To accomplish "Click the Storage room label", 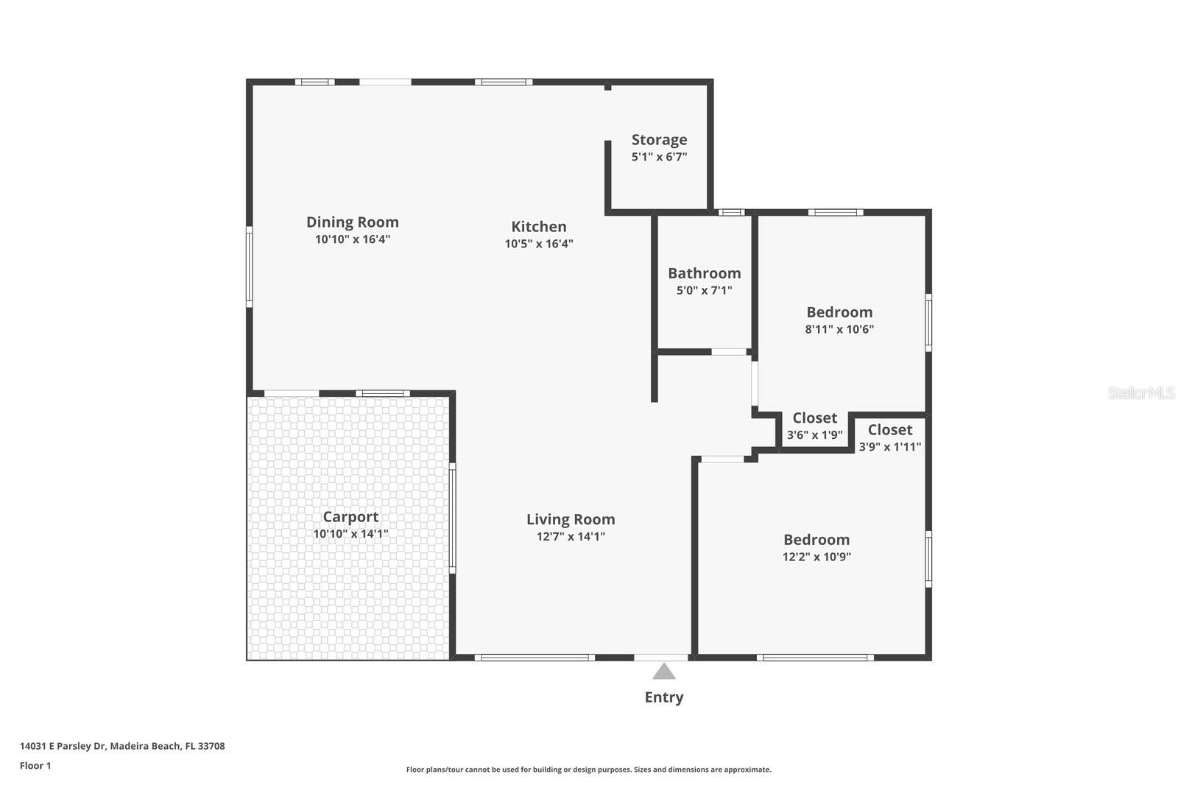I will point(659,140).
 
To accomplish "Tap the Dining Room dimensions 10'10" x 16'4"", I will point(352,239).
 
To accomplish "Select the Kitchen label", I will point(539,227).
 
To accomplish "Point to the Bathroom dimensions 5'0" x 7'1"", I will point(704,291).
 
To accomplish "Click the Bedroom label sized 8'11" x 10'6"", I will point(839,312).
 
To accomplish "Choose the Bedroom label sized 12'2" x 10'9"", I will point(816,540).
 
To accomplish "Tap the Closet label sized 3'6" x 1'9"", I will point(814,418).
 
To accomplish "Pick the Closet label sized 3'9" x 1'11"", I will point(889,430).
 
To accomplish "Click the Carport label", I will point(350,517).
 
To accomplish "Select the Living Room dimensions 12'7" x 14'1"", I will point(571,537).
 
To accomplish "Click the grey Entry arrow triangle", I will point(663,672).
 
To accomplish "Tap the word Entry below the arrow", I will point(663,697).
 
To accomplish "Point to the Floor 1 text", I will point(35,766).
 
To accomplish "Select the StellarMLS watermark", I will point(1140,393).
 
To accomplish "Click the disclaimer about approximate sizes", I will point(588,770).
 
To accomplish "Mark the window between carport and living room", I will point(452,518).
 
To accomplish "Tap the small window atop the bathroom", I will point(731,213).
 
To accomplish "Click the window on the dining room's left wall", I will point(249,267).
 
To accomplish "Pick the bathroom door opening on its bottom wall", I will point(729,352).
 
